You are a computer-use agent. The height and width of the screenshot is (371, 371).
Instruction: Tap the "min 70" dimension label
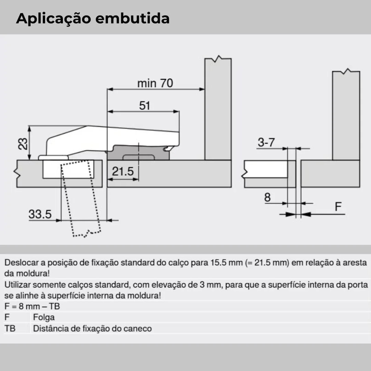coord(155,83)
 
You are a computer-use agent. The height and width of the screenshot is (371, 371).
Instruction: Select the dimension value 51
coord(145,105)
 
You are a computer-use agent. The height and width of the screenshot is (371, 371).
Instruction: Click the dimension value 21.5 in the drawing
coord(123,171)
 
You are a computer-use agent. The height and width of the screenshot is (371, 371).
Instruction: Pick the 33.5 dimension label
coord(40,214)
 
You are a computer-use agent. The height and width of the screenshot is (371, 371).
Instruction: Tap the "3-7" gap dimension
coord(266,143)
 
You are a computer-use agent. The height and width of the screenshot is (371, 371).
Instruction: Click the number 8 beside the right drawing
coord(267,198)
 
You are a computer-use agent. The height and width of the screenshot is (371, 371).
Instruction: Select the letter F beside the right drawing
coord(338,207)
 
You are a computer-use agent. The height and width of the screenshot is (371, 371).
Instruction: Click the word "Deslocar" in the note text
coord(21,263)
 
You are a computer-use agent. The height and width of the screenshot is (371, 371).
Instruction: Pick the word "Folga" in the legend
coord(44,317)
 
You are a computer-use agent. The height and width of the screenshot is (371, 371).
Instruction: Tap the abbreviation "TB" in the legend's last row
coord(10,328)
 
